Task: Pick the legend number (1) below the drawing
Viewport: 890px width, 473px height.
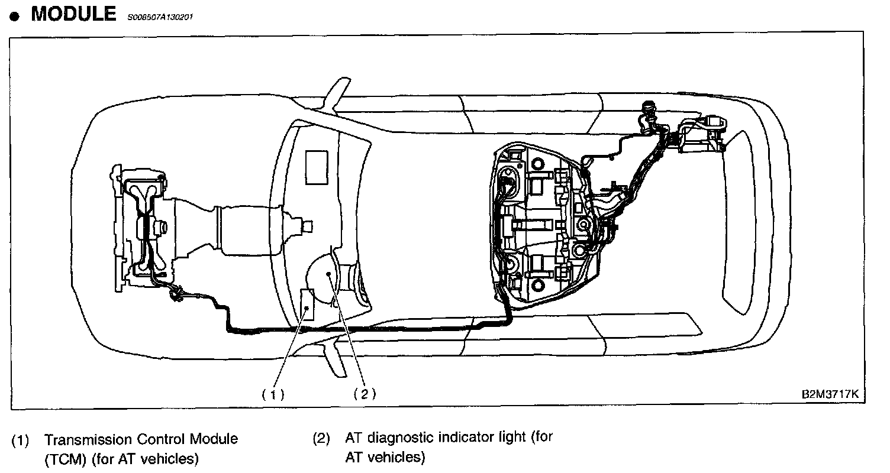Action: point(21,440)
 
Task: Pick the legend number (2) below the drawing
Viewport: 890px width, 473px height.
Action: point(320,439)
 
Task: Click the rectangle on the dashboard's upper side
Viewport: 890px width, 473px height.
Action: point(317,161)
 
